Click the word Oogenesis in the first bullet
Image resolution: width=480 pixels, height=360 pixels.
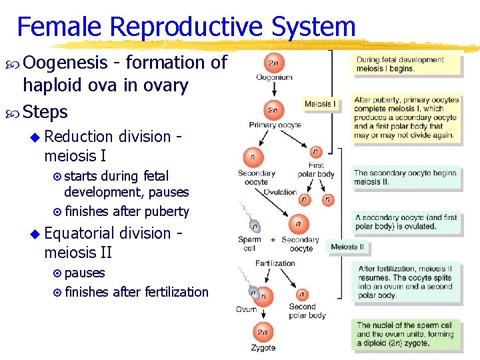click(x=65, y=63)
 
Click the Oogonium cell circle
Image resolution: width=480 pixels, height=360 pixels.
click(x=274, y=63)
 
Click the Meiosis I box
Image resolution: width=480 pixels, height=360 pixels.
click(x=321, y=104)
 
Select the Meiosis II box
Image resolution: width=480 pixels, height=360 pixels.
click(x=347, y=247)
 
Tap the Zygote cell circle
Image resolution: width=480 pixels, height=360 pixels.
click(x=263, y=332)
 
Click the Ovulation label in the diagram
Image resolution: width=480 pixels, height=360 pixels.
click(x=280, y=192)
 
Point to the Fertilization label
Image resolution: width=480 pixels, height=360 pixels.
click(x=275, y=263)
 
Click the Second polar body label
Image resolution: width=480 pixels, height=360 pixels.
click(x=307, y=311)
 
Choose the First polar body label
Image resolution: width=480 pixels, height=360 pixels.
click(x=316, y=169)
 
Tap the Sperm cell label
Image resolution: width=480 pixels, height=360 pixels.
click(x=249, y=244)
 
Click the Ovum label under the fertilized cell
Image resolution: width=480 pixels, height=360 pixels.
click(x=246, y=309)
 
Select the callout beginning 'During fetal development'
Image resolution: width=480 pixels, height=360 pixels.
click(x=406, y=64)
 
